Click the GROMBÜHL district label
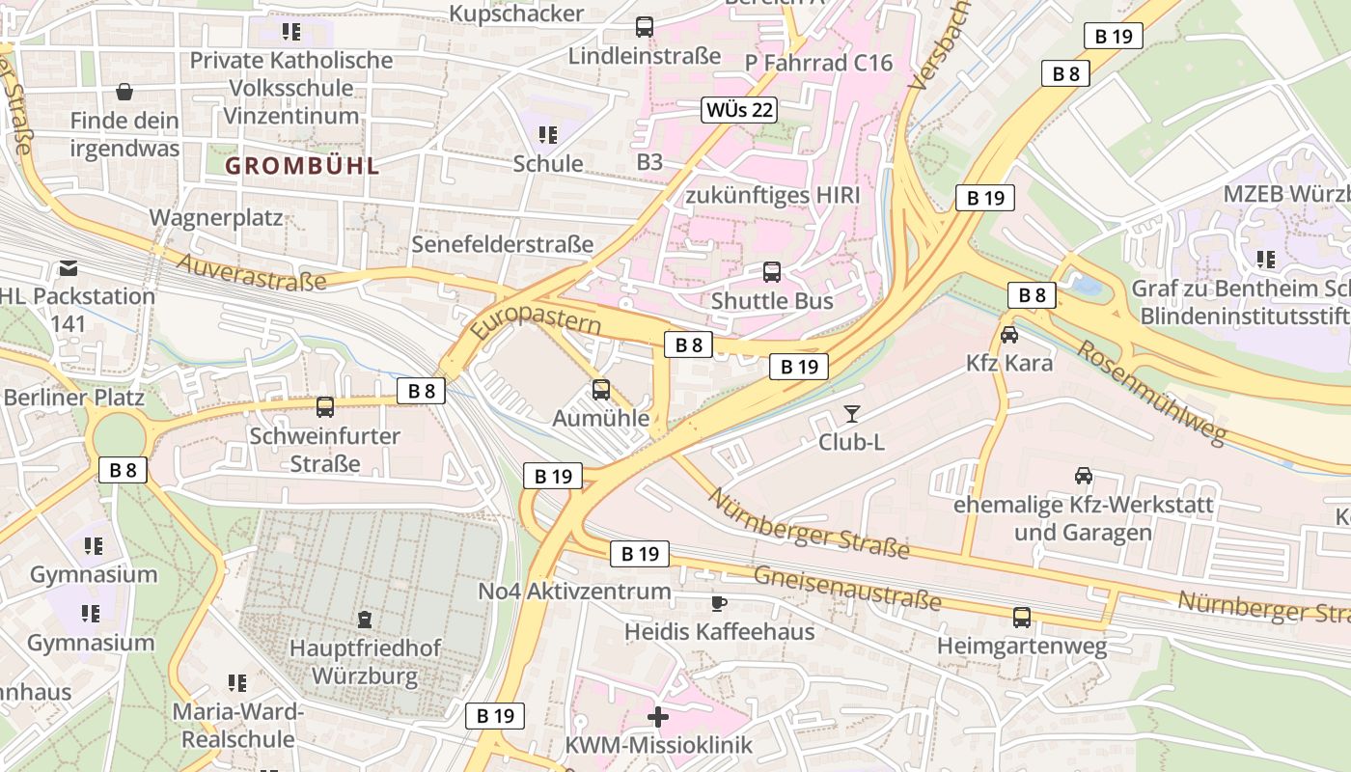tap(302, 165)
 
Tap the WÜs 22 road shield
tap(739, 109)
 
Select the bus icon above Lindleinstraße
tap(645, 27)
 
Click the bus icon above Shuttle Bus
tap(772, 272)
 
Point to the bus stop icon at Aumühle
tap(601, 390)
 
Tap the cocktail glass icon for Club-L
tap(851, 414)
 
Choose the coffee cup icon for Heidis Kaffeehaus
tap(718, 604)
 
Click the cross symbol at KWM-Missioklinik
tap(658, 717)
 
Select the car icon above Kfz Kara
tap(1009, 335)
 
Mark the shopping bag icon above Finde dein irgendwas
tap(124, 93)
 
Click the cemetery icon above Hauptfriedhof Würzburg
tap(364, 619)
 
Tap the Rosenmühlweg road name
tap(1150, 392)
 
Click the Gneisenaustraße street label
tap(846, 587)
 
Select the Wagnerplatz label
tap(216, 217)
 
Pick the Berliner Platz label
tap(73, 397)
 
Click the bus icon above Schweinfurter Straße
tap(325, 407)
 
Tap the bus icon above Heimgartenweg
tap(1022, 618)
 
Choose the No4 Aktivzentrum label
tap(574, 591)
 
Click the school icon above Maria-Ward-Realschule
tap(237, 683)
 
